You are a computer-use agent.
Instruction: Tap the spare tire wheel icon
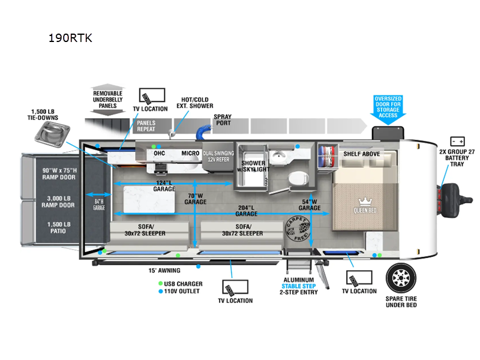(401, 278)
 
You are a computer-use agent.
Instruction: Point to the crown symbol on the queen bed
(365, 202)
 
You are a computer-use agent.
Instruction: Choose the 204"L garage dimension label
(246, 210)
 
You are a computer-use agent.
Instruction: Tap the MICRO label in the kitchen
(190, 154)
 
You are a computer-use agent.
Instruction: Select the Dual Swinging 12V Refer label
(217, 157)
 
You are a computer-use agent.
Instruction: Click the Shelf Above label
(362, 154)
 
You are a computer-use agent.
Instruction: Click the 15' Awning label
(164, 270)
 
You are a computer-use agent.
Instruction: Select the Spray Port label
(223, 121)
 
